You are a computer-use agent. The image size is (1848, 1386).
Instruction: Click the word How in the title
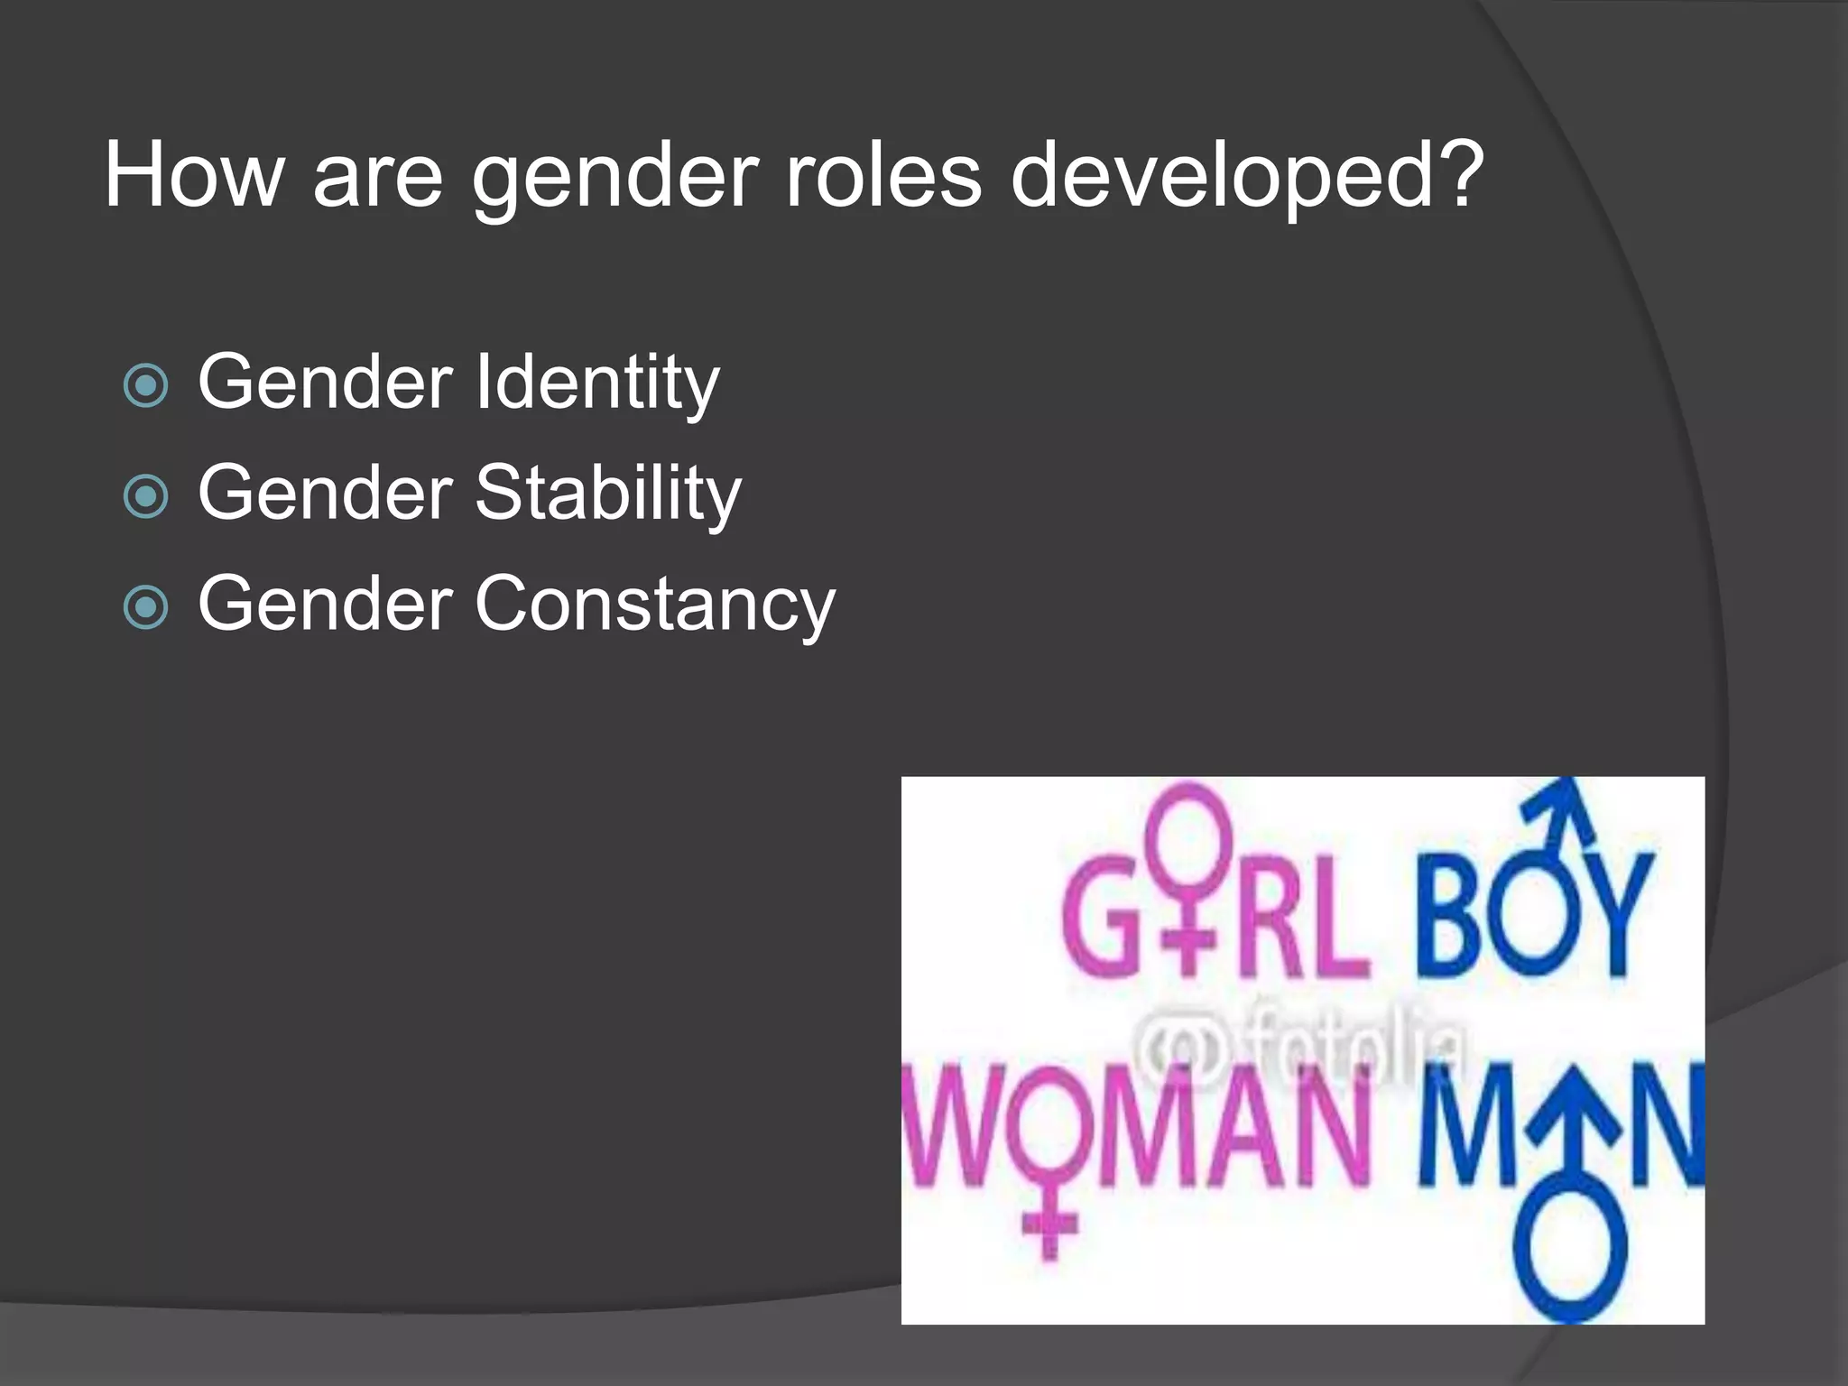194,175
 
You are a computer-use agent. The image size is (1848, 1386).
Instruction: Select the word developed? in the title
1246,177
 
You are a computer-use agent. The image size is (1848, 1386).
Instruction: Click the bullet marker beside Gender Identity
145,386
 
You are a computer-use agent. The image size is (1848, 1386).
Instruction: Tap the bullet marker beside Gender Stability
145,497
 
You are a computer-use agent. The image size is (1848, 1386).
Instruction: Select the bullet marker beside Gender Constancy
145,608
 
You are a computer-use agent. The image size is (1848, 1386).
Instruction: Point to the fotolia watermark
1299,1047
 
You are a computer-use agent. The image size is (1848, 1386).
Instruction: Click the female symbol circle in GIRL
1189,826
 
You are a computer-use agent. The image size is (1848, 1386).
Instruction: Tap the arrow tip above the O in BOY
1570,794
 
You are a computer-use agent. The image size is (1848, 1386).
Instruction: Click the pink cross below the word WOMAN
1049,1227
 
